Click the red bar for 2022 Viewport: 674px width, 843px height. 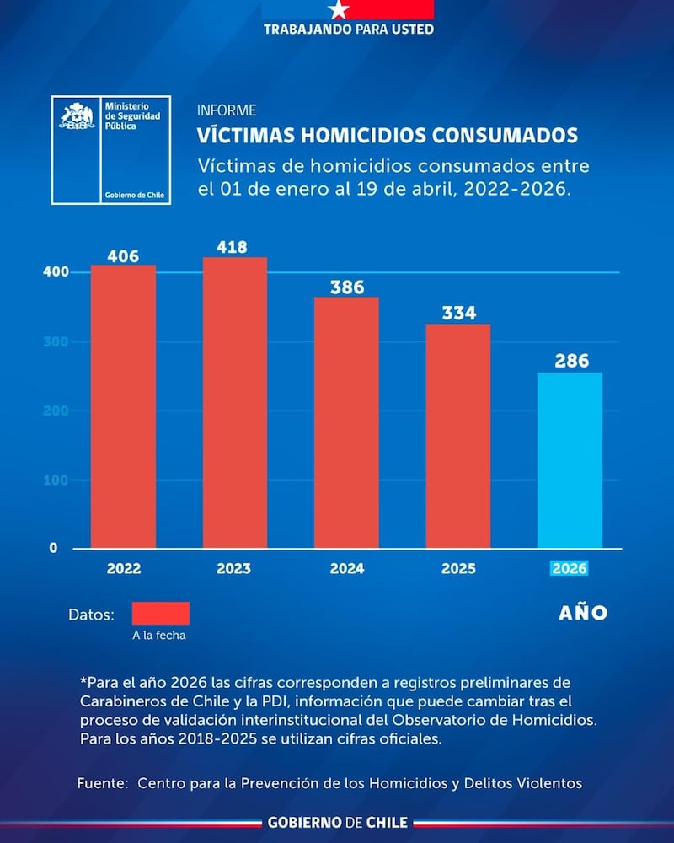tap(123, 406)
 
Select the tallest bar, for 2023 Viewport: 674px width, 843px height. tap(235, 402)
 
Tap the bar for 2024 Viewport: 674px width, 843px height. tap(346, 422)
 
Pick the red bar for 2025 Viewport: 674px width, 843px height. tap(457, 436)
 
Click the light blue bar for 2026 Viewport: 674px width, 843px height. tap(570, 460)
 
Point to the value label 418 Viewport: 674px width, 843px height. tap(232, 247)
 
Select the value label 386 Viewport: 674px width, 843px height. tap(346, 287)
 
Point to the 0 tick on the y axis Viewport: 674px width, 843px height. tap(52, 548)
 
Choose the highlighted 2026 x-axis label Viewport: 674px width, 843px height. tap(570, 569)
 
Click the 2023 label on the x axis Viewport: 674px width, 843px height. tap(233, 569)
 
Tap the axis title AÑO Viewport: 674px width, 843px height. tap(583, 613)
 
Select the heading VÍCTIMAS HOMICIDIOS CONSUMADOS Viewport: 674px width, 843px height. tap(388, 136)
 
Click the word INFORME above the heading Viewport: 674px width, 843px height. tap(227, 110)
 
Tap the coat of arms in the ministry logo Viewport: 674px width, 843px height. tap(77, 116)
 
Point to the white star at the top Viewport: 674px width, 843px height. tap(339, 10)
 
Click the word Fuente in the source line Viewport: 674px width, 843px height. tap(102, 783)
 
